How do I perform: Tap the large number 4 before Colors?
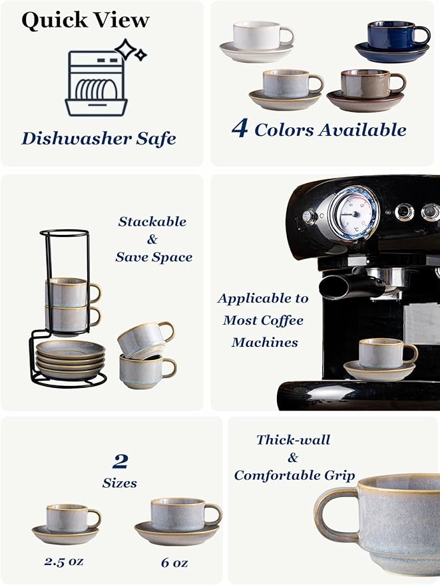[x=240, y=128]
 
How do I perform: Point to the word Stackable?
[x=152, y=222]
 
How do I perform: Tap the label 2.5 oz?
[x=65, y=561]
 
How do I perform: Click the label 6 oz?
[x=174, y=562]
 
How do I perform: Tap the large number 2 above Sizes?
[x=120, y=461]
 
